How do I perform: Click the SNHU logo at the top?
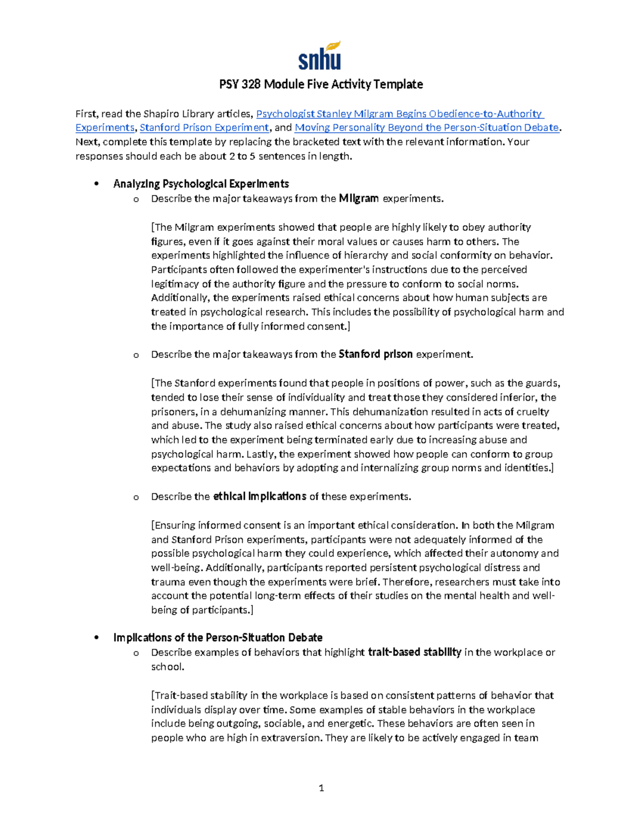(x=320, y=56)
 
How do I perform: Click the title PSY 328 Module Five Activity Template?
(x=321, y=84)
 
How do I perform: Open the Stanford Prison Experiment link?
(x=204, y=128)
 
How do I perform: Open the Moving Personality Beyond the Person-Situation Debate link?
(x=427, y=128)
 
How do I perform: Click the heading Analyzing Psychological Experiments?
(x=201, y=184)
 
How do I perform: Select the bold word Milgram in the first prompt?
(x=358, y=198)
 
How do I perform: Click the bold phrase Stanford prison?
(x=376, y=354)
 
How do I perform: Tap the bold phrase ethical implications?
(x=259, y=496)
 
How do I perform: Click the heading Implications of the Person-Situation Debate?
(x=218, y=638)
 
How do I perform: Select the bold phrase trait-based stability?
(x=415, y=652)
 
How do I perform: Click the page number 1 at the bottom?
(x=321, y=788)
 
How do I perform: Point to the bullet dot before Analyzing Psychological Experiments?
(x=96, y=184)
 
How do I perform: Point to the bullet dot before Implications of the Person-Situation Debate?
(x=96, y=638)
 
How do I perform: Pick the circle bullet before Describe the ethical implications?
(x=136, y=497)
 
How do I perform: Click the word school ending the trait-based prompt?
(x=166, y=666)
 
